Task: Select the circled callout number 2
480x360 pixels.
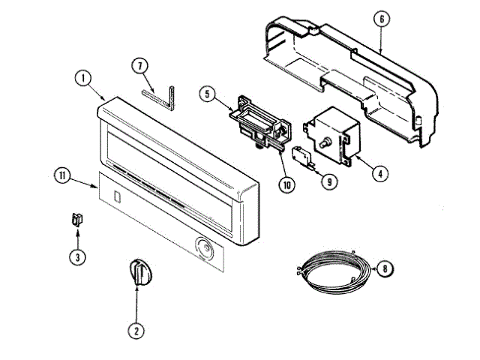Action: click(136, 328)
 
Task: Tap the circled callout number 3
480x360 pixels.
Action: click(76, 256)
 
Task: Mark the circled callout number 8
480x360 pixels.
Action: click(384, 269)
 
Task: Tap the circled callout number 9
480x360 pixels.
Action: click(328, 180)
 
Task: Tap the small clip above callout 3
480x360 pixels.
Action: click(76, 219)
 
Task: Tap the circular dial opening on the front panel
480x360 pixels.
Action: click(202, 248)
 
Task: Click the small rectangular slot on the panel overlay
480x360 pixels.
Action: click(116, 196)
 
